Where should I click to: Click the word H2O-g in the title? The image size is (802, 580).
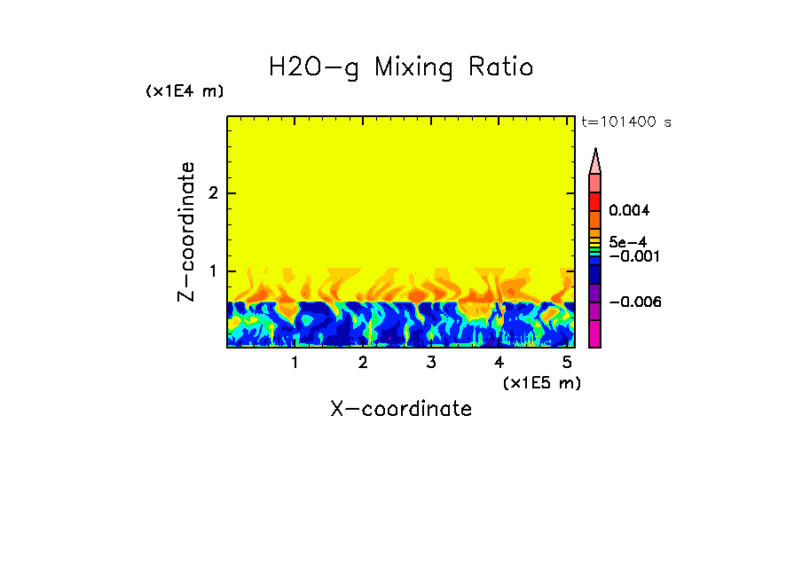(x=314, y=67)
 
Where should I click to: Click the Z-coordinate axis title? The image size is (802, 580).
(x=186, y=231)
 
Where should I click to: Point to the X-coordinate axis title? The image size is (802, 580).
(x=401, y=409)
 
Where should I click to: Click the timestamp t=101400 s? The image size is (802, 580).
(x=625, y=121)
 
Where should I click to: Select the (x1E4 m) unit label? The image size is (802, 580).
(x=185, y=91)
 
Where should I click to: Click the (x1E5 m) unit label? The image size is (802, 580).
(x=541, y=383)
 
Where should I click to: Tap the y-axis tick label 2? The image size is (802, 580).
(x=212, y=193)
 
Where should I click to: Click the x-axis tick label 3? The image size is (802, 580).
(x=430, y=363)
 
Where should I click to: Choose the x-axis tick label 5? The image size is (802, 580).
(x=566, y=363)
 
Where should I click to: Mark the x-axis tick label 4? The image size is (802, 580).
(x=499, y=363)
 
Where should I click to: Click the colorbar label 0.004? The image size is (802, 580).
(x=630, y=211)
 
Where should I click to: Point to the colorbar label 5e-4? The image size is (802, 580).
(x=627, y=241)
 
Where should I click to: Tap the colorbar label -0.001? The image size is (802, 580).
(x=632, y=255)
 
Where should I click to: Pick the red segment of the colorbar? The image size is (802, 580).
(x=595, y=201)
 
